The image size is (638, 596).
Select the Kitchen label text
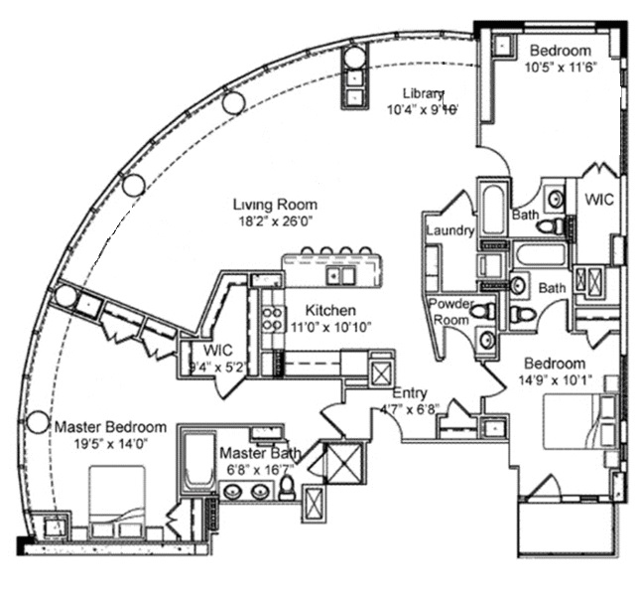(330, 310)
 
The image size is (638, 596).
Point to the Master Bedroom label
(110, 427)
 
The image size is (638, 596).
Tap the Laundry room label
(447, 231)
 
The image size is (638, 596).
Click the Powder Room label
(448, 312)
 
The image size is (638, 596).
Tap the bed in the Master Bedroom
(117, 502)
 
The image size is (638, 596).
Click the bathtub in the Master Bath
(196, 463)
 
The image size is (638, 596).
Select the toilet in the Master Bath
(287, 487)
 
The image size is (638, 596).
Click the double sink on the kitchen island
(342, 275)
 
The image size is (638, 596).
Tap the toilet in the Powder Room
(482, 312)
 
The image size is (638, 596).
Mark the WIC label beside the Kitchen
(217, 351)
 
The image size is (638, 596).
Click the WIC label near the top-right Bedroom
(598, 199)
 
